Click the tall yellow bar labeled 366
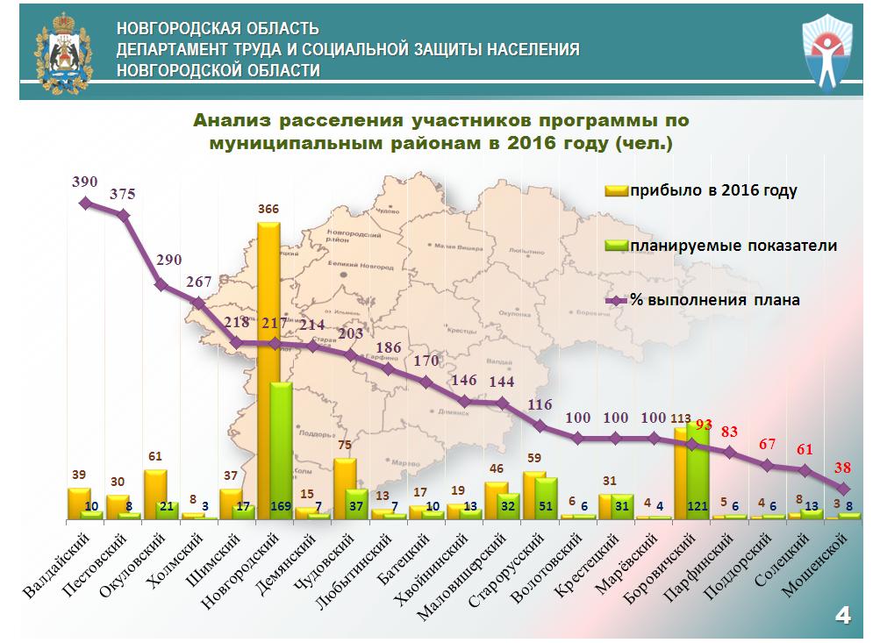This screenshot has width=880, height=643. pos(268,368)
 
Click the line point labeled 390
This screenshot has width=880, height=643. pos(85,203)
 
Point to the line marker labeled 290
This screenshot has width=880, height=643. pos(161,284)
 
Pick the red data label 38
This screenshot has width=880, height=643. pos(843,468)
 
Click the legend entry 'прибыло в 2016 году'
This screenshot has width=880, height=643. pos(702,190)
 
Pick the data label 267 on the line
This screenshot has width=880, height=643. pos(199,282)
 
